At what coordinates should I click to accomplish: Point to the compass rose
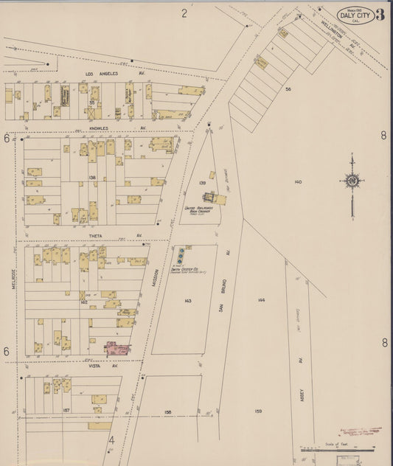pos(352,181)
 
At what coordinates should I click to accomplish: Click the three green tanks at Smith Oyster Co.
pos(181,256)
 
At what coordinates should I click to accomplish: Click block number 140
pos(298,181)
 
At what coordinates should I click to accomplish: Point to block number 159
pos(258,411)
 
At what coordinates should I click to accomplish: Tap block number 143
pos(188,300)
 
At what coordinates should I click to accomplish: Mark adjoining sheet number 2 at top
pos(184,13)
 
